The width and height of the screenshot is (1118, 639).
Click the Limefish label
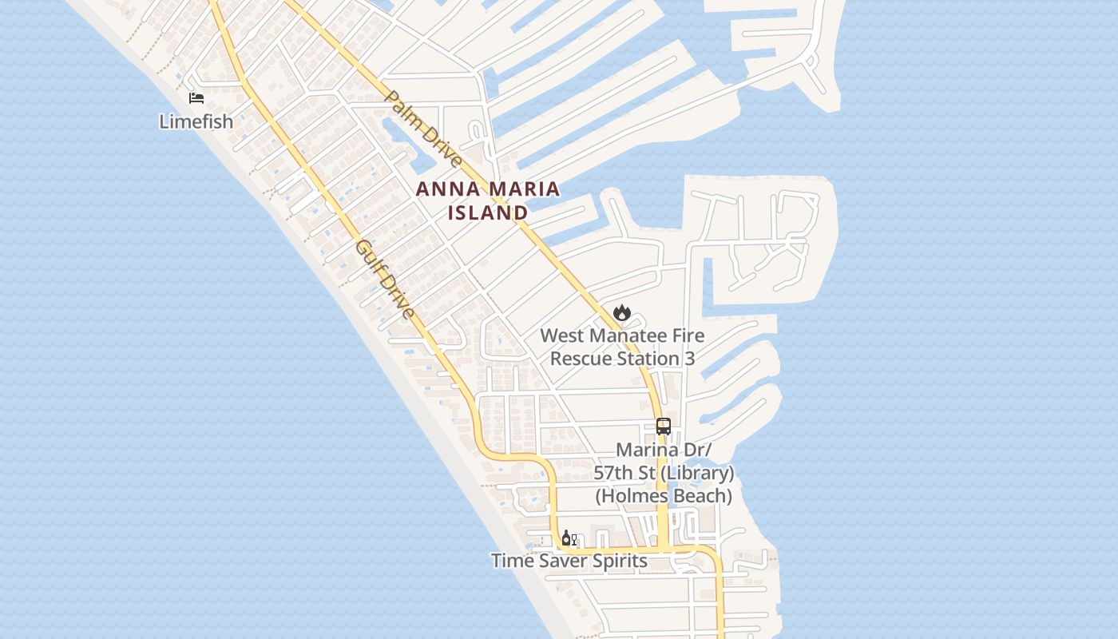click(196, 122)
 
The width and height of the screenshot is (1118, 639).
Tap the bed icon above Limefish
click(196, 98)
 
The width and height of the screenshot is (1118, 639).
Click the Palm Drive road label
click(423, 129)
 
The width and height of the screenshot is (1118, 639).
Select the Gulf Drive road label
click(386, 279)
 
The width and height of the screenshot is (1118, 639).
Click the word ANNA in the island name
click(446, 190)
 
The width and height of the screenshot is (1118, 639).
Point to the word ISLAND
click(487, 213)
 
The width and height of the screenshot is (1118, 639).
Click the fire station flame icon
click(622, 312)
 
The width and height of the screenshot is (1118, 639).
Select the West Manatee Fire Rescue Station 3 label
click(622, 347)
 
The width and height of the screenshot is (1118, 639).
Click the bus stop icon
click(663, 426)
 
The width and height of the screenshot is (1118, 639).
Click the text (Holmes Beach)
click(664, 496)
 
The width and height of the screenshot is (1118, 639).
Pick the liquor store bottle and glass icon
click(569, 538)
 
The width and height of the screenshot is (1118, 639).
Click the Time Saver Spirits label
click(569, 561)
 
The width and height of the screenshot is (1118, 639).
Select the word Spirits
click(616, 561)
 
